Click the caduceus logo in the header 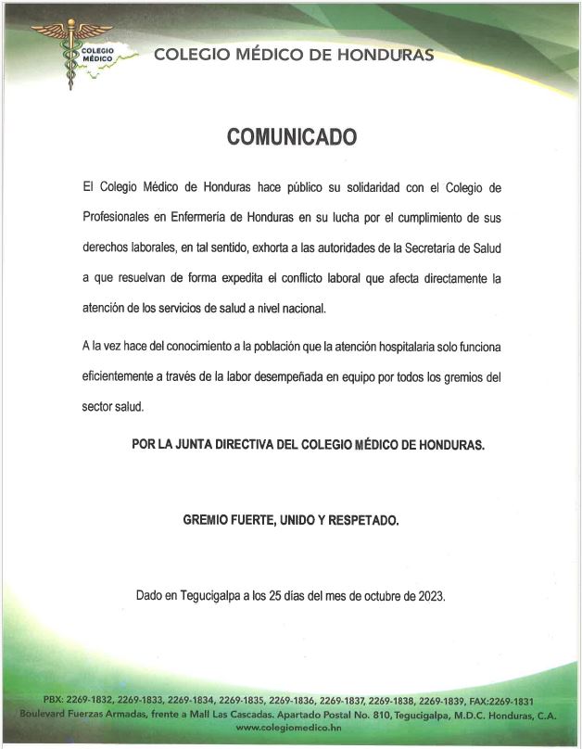71,53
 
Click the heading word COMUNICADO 292,137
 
